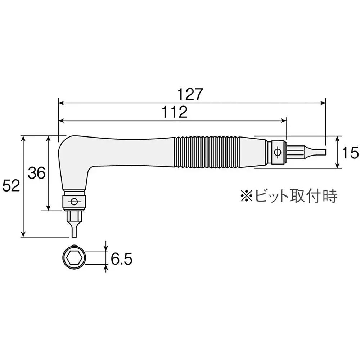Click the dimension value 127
[190, 94]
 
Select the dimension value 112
[175, 112]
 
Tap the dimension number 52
[11, 185]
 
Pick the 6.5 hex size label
[121, 259]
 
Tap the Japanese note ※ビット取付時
[289, 195]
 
